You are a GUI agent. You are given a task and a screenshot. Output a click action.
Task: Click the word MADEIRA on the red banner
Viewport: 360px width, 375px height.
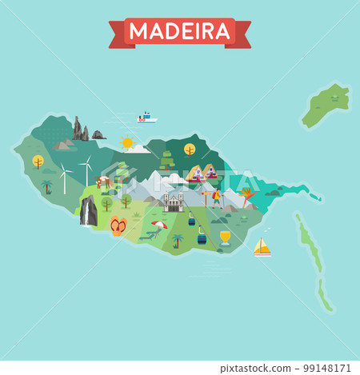179,31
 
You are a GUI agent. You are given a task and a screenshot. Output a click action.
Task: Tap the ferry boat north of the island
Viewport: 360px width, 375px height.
146,118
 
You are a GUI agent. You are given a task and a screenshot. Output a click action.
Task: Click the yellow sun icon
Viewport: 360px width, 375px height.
126,143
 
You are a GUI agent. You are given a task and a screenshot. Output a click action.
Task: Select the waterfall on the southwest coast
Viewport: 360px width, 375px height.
88,211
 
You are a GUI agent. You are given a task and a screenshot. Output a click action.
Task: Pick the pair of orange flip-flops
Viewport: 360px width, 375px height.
118,225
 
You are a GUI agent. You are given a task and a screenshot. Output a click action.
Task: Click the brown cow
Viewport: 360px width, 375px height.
103,182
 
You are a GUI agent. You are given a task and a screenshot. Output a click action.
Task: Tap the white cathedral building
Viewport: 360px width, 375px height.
174,202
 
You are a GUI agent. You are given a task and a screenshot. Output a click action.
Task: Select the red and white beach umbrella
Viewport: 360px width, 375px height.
160,225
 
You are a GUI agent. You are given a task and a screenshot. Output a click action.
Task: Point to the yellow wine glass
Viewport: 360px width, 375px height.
225,237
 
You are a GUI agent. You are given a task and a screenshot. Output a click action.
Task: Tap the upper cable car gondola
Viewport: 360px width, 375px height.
192,218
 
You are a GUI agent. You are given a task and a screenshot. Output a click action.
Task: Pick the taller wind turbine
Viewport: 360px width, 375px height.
86,170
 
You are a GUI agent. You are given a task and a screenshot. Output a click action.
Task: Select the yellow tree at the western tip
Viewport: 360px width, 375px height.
38,162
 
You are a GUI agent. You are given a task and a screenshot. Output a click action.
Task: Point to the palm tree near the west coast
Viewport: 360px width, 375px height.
46,186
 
